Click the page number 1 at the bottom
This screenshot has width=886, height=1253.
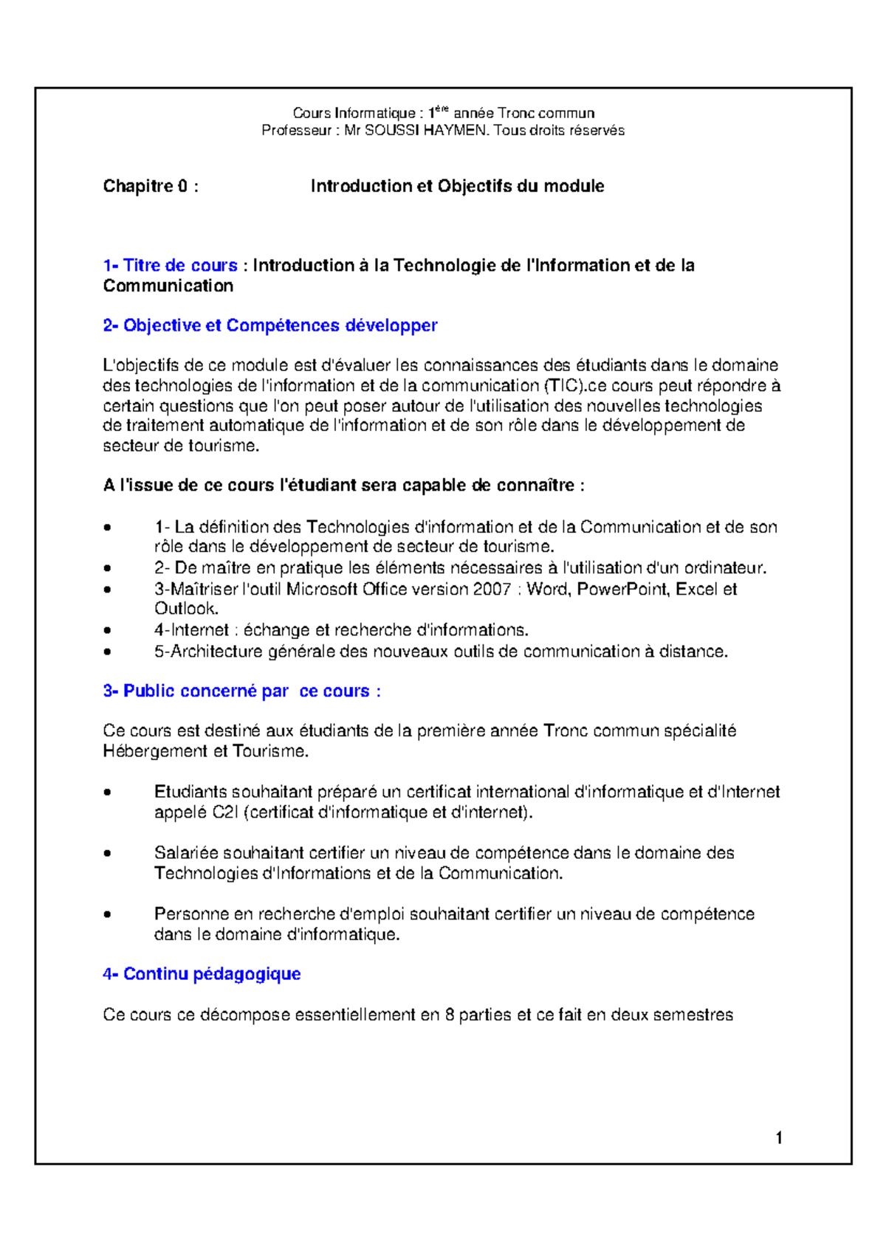779,1138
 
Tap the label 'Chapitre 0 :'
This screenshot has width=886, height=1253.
151,186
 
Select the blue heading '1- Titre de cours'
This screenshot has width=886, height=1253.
171,266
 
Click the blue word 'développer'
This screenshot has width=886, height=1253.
391,325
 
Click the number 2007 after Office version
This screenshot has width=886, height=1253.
492,589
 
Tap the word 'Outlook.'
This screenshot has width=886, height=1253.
186,609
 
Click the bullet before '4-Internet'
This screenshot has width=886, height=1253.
109,630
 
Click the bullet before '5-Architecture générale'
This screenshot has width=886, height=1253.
109,652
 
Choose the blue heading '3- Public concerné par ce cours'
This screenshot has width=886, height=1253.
241,691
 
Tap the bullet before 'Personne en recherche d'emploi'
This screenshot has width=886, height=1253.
109,914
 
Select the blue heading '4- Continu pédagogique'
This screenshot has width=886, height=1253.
202,974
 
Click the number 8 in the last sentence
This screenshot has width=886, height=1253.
449,1015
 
